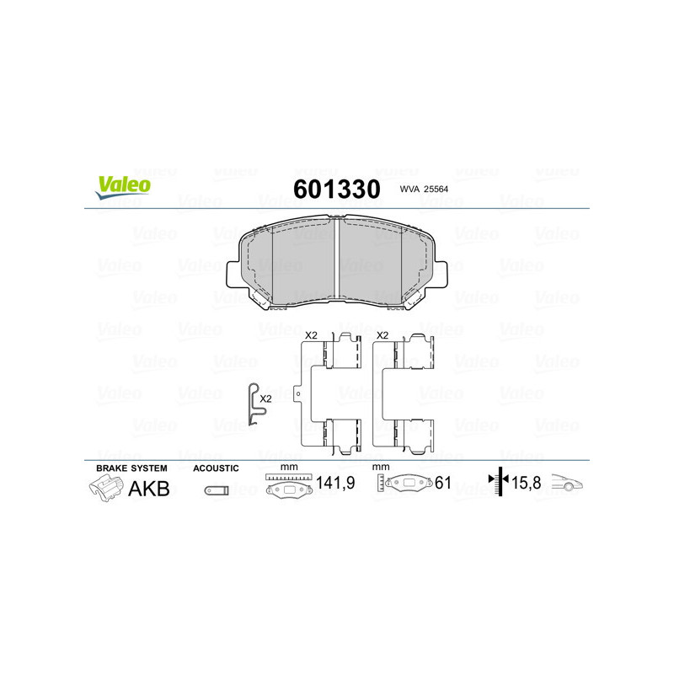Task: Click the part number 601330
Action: [336, 189]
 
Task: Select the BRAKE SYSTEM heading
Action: [131, 468]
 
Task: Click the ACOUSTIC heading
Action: [216, 468]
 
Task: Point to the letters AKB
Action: [148, 488]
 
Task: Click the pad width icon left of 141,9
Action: [287, 486]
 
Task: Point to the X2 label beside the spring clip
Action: [266, 399]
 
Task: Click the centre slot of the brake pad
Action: [337, 257]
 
